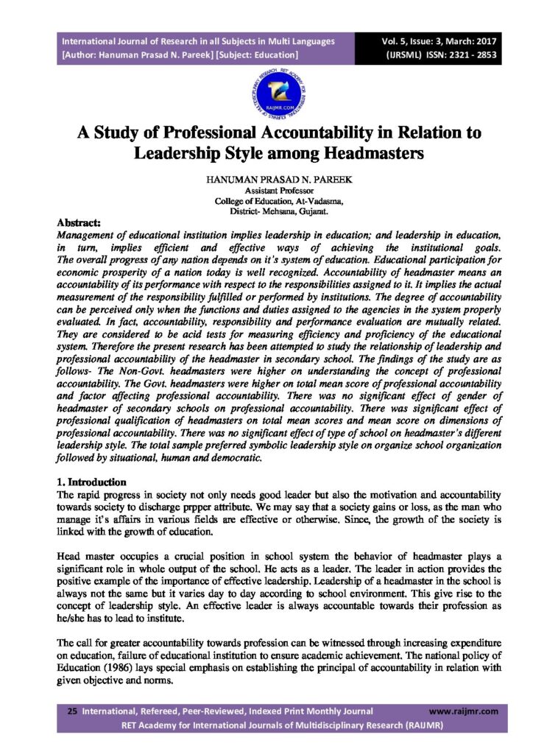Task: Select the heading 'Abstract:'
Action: (80, 222)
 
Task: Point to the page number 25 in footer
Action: (72, 711)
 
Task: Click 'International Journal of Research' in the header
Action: (126, 41)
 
